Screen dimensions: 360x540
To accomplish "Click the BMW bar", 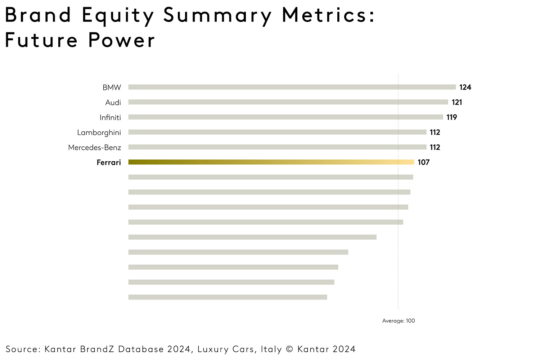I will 292,87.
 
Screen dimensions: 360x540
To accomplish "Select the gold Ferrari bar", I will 271,162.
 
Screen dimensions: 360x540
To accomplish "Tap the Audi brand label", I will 113,103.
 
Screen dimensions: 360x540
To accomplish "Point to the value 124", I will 465,87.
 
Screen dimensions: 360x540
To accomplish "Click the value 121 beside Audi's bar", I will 457,102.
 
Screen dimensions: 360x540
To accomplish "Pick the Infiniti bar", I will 285,117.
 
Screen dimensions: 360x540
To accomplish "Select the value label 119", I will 451,117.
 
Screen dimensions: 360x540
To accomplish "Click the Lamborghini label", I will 99,132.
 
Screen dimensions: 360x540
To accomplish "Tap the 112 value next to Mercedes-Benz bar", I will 435,147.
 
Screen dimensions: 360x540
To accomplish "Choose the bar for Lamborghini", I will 277,132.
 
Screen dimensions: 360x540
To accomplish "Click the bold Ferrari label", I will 109,162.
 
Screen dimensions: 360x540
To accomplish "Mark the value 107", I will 423,162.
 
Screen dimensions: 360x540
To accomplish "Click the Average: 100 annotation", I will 399,321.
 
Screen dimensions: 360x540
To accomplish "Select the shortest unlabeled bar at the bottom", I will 228,297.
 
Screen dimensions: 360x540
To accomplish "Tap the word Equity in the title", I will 118,16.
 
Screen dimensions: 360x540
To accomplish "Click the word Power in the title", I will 121,40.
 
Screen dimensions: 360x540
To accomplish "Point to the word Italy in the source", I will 271,349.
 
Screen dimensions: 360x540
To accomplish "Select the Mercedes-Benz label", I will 94,148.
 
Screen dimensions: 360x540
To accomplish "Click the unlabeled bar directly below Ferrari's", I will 270,177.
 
